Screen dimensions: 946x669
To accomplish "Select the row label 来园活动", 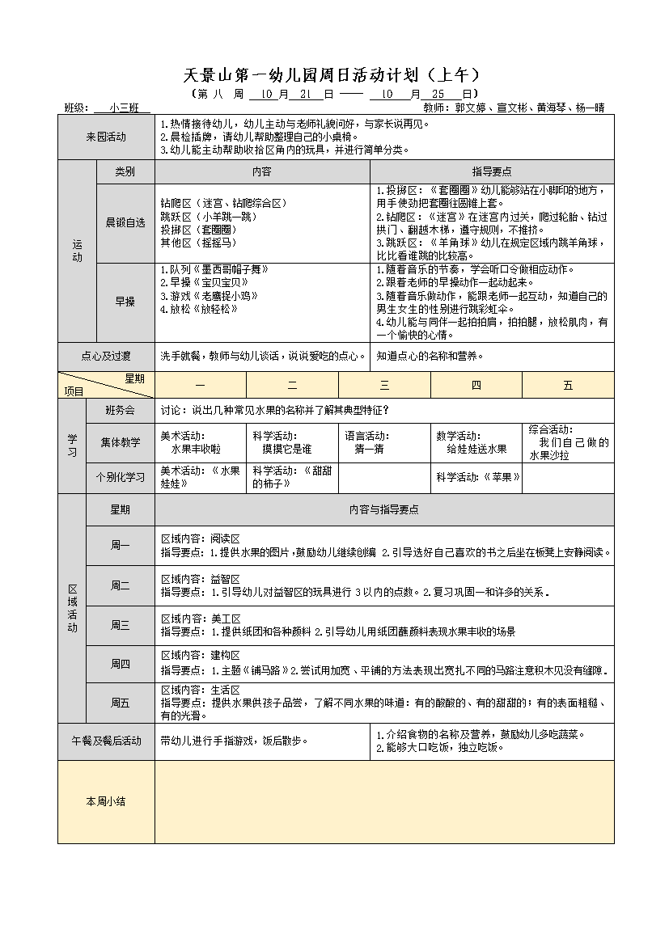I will [x=106, y=137].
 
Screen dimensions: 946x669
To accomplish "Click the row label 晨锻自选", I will [x=125, y=222].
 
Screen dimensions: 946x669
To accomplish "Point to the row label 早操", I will [x=125, y=301].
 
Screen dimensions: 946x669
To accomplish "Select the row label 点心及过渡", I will [x=106, y=356].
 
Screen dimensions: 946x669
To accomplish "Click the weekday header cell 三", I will [x=384, y=386].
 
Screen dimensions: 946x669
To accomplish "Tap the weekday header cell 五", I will [x=568, y=386].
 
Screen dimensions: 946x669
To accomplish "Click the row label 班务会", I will [x=121, y=410].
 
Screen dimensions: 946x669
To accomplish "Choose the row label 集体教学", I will [x=121, y=442].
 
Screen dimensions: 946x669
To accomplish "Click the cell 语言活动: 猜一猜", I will [x=383, y=442].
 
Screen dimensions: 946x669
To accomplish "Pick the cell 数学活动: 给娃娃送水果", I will [x=476, y=442].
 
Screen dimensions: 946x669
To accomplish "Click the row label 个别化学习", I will [x=121, y=477].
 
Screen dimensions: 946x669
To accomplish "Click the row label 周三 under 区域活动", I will [x=121, y=625].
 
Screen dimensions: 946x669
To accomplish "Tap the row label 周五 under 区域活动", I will [x=121, y=703].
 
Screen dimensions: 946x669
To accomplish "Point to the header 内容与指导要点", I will [x=383, y=509].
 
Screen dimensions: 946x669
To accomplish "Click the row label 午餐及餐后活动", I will [x=106, y=741].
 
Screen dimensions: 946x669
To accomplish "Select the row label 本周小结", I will [x=106, y=801].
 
